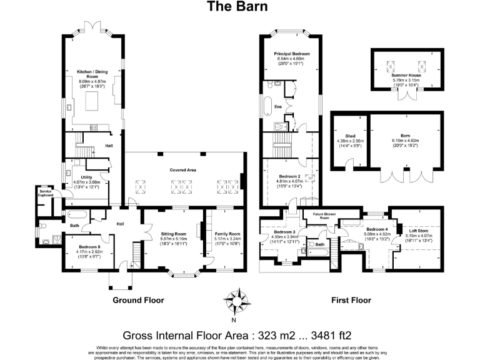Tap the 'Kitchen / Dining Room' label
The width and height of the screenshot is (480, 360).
[x=91, y=74]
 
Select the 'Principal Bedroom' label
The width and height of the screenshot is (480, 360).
[x=292, y=54]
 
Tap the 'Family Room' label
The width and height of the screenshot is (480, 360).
[x=227, y=234]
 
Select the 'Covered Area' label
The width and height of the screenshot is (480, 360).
[x=183, y=170]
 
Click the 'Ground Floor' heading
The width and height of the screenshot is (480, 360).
[x=138, y=300]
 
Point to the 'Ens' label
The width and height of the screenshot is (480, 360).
[x=278, y=107]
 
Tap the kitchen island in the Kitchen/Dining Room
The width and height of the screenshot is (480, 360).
[x=91, y=101]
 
